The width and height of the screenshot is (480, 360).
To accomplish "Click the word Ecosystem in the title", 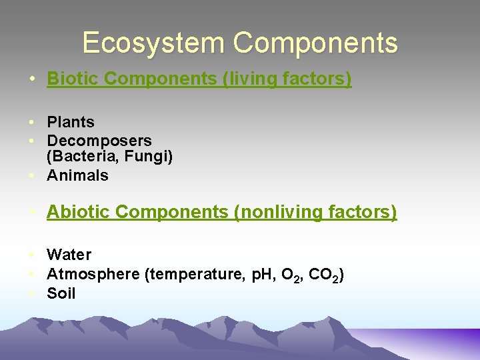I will click(154, 43).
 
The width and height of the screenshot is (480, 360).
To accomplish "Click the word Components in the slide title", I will click(315, 43).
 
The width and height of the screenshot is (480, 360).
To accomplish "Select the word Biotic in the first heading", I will click(73, 79).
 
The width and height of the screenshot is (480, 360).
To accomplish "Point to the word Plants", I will click(71, 122).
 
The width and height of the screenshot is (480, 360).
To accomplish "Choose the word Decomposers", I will click(99, 141).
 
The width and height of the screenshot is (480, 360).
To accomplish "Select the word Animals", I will click(77, 175).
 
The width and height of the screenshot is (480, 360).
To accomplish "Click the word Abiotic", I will click(78, 212).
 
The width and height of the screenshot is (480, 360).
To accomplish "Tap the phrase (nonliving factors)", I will click(315, 212).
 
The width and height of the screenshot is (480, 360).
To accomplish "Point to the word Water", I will click(69, 255).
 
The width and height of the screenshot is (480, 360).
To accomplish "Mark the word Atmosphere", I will click(93, 273).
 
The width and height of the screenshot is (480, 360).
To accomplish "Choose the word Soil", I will click(61, 293).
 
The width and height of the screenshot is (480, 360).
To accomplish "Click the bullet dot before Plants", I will click(32, 123).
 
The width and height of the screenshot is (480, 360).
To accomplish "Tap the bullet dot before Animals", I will click(32, 176).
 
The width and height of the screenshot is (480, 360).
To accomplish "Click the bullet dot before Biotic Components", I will click(32, 79).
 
